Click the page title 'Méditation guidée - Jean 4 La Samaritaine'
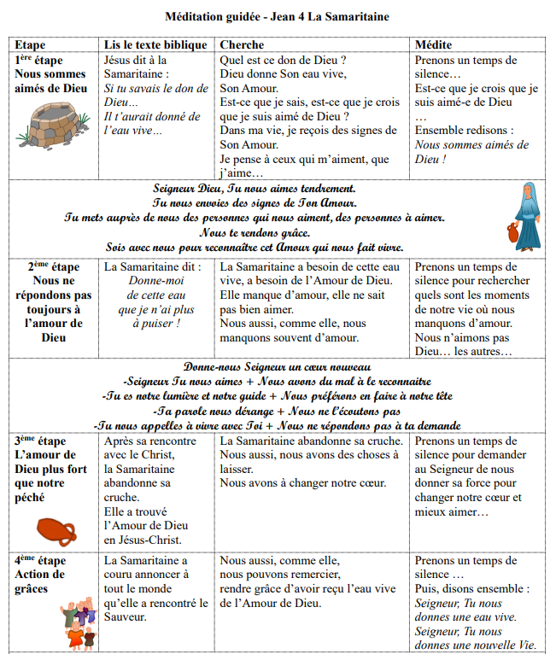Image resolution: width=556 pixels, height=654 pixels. [x=278, y=15]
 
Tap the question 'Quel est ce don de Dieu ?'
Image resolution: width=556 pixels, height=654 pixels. [x=283, y=61]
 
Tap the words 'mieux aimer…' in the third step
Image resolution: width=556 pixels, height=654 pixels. [x=452, y=512]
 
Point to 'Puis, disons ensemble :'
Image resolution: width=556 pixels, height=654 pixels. [x=471, y=589]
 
